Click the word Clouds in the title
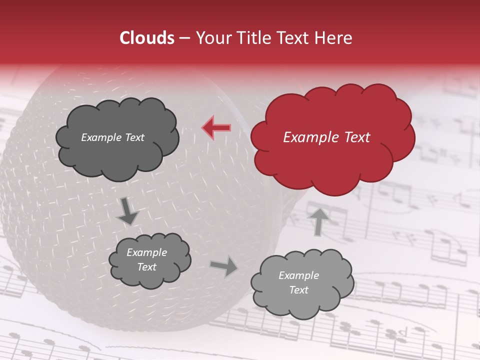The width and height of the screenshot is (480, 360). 147,38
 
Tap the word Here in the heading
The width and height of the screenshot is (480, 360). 334,38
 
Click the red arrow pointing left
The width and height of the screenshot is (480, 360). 216,128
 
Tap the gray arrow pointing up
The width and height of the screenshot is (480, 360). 318,221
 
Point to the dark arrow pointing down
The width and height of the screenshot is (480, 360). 127,211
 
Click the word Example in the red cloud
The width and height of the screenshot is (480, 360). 306,137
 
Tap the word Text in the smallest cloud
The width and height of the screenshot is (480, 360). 147,267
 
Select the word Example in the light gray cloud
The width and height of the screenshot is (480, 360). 298,275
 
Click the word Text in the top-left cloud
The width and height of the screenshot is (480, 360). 133,137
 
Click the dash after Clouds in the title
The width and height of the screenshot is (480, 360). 183,38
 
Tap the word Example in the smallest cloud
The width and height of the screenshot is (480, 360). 147,252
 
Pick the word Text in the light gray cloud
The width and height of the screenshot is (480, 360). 298,290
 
